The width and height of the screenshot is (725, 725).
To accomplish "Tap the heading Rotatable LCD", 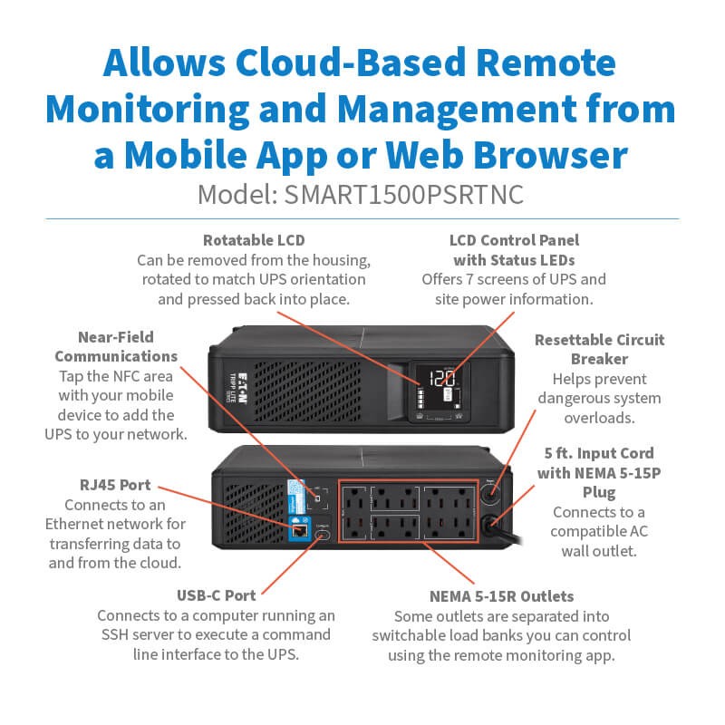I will (254, 241).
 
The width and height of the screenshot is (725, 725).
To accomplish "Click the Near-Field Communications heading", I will (116, 346).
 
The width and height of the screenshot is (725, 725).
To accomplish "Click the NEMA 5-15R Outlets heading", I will (501, 596).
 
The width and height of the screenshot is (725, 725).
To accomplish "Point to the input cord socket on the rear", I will (493, 525).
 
